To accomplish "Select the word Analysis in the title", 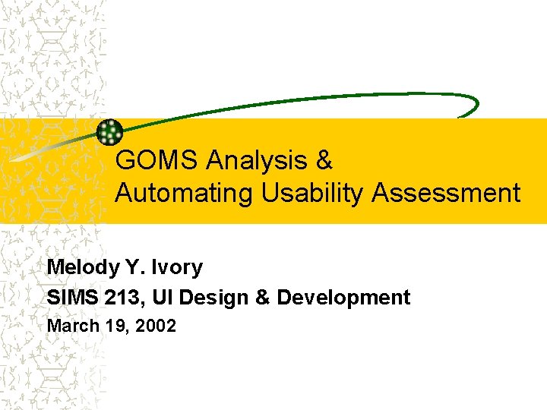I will coord(255,161).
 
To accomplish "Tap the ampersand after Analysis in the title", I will coord(324,161).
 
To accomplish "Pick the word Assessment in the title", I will coord(446,194).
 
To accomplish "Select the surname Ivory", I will coord(177,267).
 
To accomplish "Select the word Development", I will coord(343,298).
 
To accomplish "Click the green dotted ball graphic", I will coord(111,132).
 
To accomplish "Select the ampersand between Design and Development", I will coord(262,298).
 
